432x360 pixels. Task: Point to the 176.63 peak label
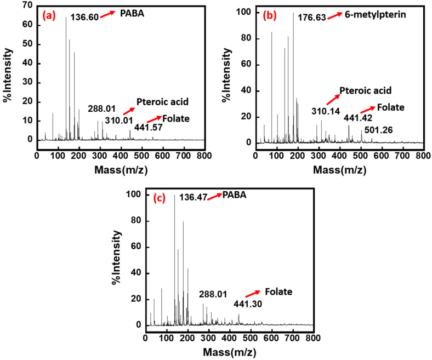(x=312, y=18)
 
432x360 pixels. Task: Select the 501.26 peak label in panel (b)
(x=379, y=130)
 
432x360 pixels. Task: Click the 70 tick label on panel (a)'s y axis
(x=27, y=7)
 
